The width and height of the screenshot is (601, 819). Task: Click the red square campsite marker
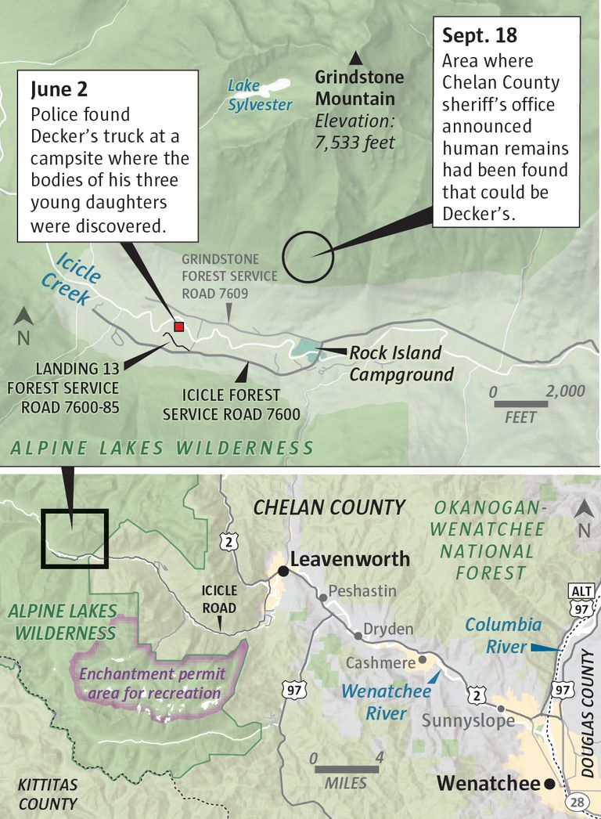(x=178, y=327)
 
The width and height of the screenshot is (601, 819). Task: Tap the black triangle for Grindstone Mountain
(x=356, y=57)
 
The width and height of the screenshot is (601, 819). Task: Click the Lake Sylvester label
(x=260, y=96)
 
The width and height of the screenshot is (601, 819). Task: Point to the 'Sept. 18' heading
(x=480, y=35)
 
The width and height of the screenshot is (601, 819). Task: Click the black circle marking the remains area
(x=308, y=255)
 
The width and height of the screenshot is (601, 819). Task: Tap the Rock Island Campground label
(x=401, y=363)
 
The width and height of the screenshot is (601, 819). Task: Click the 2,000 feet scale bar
(x=520, y=404)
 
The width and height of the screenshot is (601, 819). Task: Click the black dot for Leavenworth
(x=283, y=572)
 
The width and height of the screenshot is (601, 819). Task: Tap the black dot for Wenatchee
(x=550, y=784)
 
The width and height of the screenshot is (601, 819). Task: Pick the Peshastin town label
(x=362, y=590)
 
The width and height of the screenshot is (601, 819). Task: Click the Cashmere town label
(x=381, y=663)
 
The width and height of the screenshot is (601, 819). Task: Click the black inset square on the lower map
(x=74, y=538)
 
